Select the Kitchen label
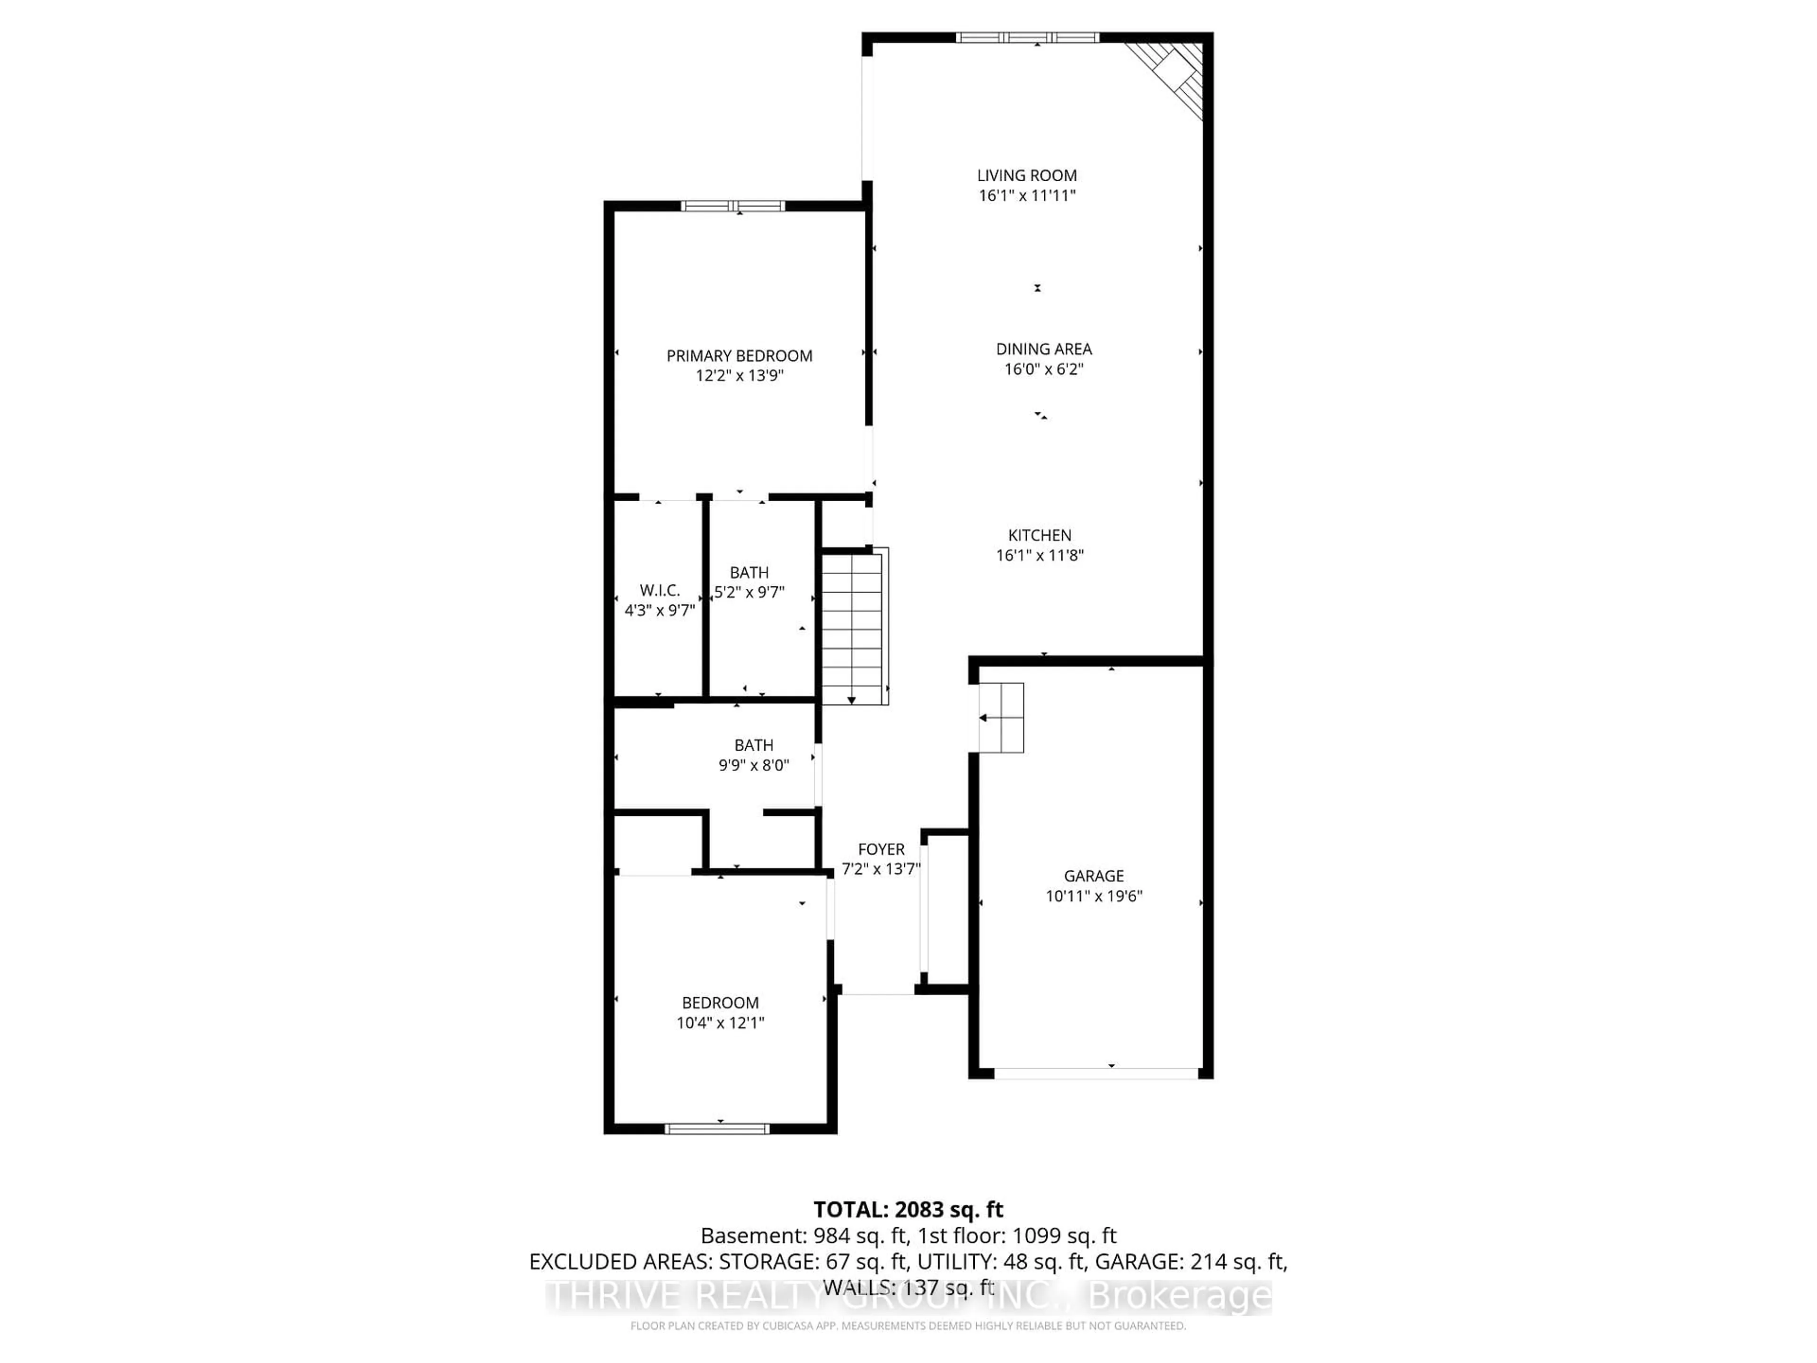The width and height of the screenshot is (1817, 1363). [1039, 535]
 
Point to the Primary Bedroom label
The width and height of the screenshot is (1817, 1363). [739, 356]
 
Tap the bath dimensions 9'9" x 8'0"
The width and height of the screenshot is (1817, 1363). [753, 765]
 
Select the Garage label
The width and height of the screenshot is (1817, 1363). [1094, 876]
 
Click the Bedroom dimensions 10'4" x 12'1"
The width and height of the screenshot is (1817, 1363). [720, 1023]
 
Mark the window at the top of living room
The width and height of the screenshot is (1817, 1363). [1027, 37]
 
